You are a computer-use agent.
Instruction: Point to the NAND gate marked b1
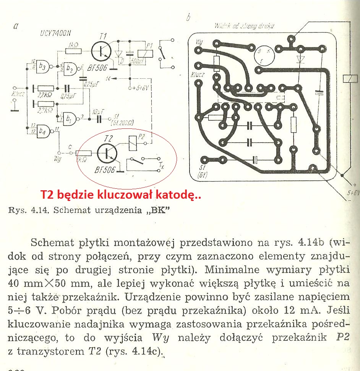(x=70, y=117)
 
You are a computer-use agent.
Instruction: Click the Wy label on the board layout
(x=199, y=41)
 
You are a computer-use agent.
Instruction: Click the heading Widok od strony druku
(x=244, y=26)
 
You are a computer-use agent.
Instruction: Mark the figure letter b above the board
(x=188, y=17)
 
